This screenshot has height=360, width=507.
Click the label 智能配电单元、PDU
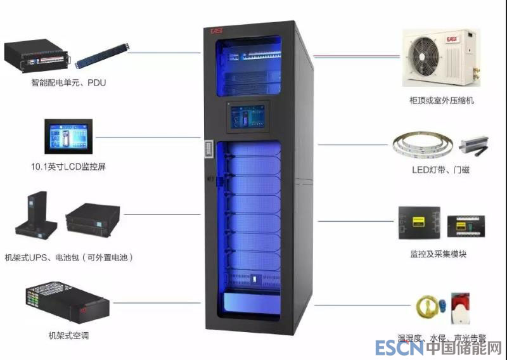[68, 83]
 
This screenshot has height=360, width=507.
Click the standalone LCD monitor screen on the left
[68, 136]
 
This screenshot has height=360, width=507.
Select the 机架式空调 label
[68, 335]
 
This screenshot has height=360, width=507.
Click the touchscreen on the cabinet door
[248, 117]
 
